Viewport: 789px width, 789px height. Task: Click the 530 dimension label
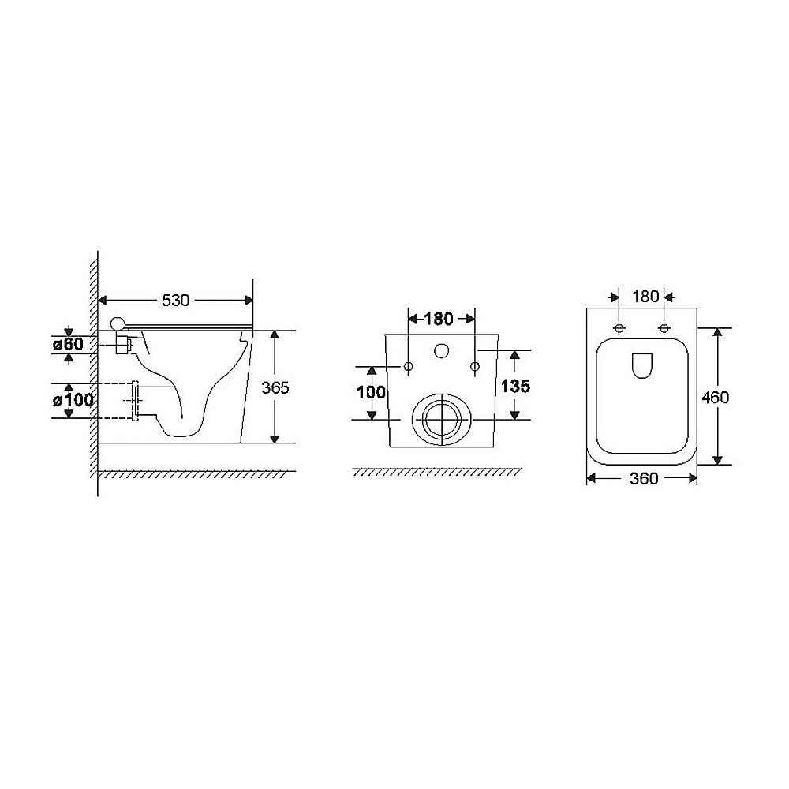coord(176,301)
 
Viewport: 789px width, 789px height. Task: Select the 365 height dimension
coord(275,387)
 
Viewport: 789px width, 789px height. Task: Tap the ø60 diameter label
coord(69,345)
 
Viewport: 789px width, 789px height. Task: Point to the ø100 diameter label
coord(73,401)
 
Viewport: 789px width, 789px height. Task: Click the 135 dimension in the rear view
coord(515,387)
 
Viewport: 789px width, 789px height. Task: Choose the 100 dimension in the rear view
coord(372,392)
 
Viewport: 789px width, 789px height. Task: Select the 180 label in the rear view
coord(438,319)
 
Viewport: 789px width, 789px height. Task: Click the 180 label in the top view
coord(645,297)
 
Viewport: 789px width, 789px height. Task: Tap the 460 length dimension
coord(715,398)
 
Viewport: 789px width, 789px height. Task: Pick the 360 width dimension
coord(644,479)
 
